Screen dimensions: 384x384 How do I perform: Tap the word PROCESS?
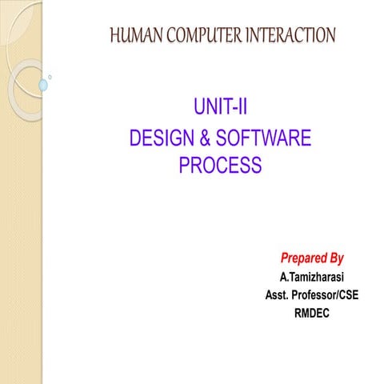click(220, 166)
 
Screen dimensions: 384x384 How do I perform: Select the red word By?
click(336, 258)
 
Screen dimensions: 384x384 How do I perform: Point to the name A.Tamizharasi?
click(312, 278)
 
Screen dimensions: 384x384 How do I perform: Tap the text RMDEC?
click(312, 313)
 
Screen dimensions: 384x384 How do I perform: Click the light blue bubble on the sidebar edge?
click(43, 84)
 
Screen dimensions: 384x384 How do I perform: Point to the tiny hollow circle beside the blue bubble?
click(50, 77)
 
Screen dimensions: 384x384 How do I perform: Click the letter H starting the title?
click(113, 35)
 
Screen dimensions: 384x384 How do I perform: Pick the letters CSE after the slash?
click(347, 295)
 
